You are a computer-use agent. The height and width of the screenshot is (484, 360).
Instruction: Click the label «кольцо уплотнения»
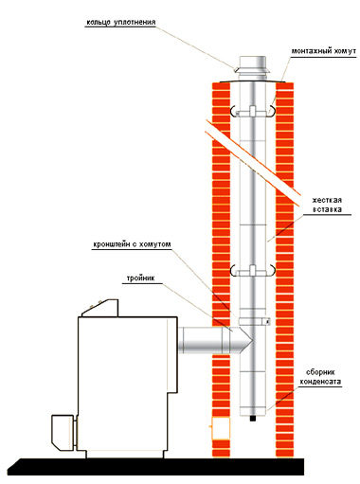click(x=121, y=23)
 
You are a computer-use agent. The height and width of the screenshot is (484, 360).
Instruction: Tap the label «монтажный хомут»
click(x=323, y=51)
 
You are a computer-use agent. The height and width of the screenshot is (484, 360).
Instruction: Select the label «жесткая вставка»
click(x=327, y=205)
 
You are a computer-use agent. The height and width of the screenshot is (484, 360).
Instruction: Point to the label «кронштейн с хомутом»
click(x=132, y=244)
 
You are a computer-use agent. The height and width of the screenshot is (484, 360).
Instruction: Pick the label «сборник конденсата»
click(x=320, y=377)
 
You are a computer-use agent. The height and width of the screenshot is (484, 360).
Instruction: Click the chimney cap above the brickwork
click(x=253, y=68)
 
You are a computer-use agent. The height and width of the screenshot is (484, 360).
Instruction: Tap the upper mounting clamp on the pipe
click(x=253, y=112)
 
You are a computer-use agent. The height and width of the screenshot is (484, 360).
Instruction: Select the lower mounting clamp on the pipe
click(x=253, y=271)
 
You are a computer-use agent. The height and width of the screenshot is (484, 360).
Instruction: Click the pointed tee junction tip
click(x=252, y=340)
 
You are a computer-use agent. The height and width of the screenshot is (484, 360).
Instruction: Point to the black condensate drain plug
click(x=253, y=419)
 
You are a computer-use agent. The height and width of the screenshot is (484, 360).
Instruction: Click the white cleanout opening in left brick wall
click(x=221, y=428)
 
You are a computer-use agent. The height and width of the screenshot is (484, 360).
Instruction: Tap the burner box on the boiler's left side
click(x=64, y=432)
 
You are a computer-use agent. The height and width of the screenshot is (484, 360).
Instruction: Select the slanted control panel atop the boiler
click(x=100, y=308)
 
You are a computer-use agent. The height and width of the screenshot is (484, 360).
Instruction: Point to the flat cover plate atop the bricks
click(x=253, y=81)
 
